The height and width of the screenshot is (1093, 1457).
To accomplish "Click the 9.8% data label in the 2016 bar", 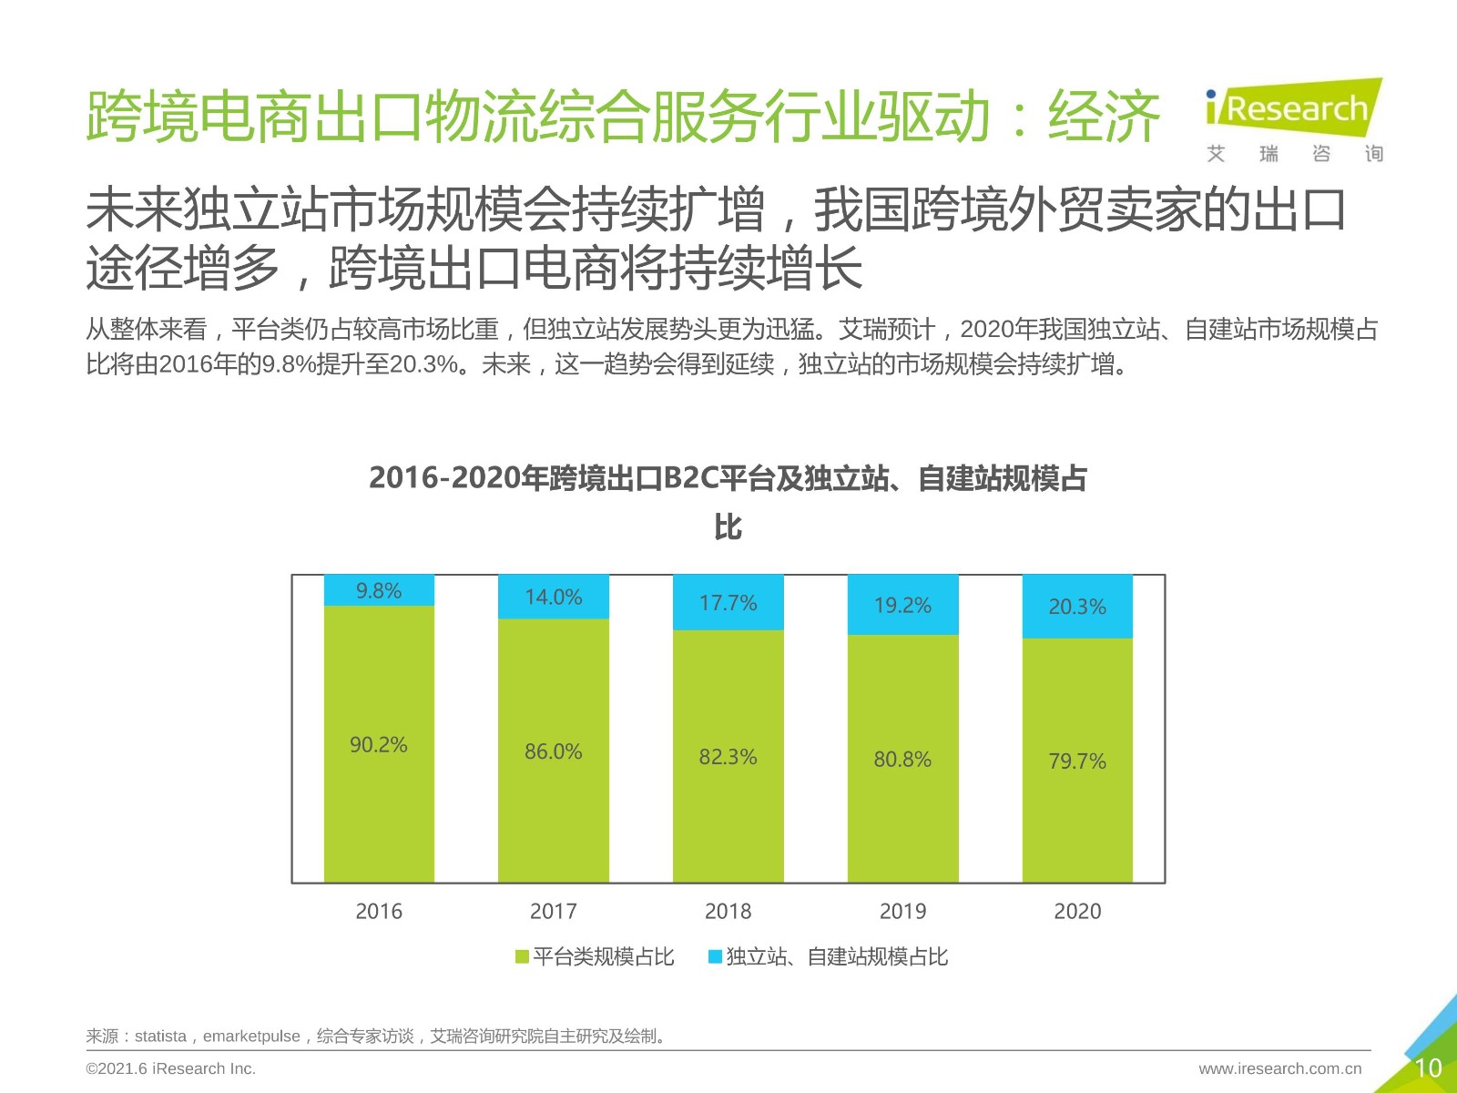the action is click(x=378, y=590).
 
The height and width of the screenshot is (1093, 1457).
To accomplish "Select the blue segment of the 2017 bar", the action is click(x=554, y=597).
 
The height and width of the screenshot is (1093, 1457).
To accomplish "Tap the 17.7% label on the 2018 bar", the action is click(x=728, y=603).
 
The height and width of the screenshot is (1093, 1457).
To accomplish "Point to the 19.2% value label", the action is click(x=902, y=605).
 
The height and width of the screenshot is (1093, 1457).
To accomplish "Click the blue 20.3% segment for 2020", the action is click(x=1077, y=607).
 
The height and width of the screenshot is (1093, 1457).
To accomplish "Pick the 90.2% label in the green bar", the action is click(x=378, y=744).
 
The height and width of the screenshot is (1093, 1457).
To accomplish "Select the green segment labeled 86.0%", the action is click(x=554, y=751).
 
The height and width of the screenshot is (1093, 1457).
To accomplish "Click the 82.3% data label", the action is click(x=728, y=757).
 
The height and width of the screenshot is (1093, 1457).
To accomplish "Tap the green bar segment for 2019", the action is click(x=902, y=759).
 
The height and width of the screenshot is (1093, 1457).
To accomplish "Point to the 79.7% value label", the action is click(x=1077, y=761).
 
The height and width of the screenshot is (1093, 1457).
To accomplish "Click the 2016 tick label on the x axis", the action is click(x=378, y=911).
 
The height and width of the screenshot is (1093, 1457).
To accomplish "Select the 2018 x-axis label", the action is click(x=728, y=911).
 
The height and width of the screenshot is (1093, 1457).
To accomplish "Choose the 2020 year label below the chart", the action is click(x=1077, y=911).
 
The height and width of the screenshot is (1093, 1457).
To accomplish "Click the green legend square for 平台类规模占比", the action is click(x=522, y=956).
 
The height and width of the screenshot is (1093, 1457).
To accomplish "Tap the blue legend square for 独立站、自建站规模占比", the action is click(x=715, y=956).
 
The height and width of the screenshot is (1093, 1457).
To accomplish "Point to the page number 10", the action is click(x=1428, y=1067).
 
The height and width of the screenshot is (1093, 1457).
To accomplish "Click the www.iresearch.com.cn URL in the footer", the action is click(x=1279, y=1068).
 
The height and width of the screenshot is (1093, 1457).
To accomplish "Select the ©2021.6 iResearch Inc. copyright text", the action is click(x=170, y=1068).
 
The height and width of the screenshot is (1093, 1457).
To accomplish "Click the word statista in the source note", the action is click(x=160, y=1036).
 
